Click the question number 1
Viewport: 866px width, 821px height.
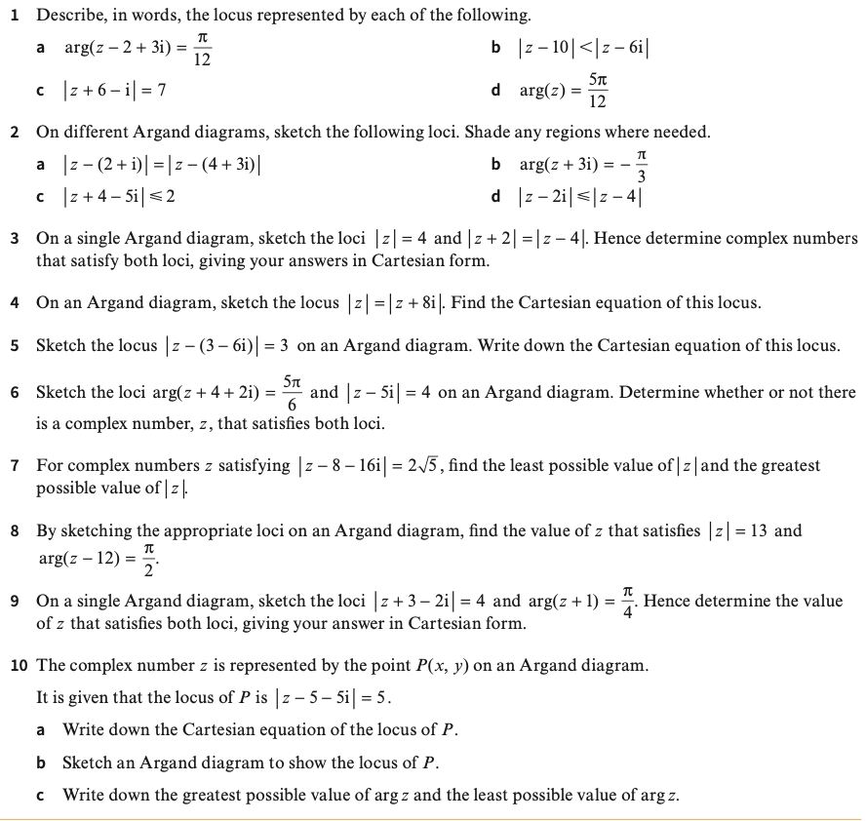point(15,16)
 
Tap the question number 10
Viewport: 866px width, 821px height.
point(19,665)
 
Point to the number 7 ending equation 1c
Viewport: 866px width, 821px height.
point(162,91)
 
